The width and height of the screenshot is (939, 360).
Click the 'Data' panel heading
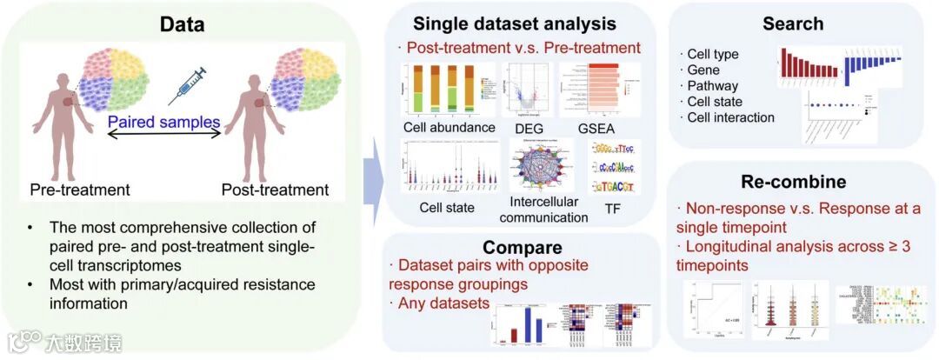click(182, 24)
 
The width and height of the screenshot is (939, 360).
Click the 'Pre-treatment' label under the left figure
click(79, 189)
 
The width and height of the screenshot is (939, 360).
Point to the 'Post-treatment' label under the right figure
click(275, 190)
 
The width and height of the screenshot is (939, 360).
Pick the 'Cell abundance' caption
click(449, 128)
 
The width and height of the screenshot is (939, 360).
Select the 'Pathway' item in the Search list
click(713, 86)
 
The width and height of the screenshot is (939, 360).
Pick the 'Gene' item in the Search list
click(704, 70)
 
